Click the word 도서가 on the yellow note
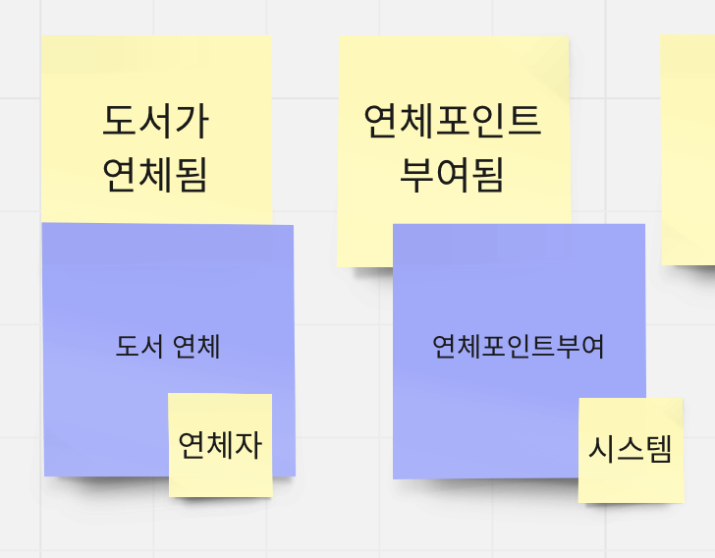pyautogui.click(x=156, y=121)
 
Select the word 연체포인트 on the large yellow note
pyautogui.click(x=452, y=121)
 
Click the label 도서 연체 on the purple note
pyautogui.click(x=168, y=346)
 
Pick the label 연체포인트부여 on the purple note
pyautogui.click(x=519, y=346)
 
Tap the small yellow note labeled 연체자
pyautogui.click(x=220, y=445)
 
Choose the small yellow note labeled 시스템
pyautogui.click(x=631, y=450)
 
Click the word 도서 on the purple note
pyautogui.click(x=138, y=346)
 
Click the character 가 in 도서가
pyautogui.click(x=192, y=121)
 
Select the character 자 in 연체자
pyautogui.click(x=248, y=445)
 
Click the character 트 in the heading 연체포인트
pyautogui.click(x=523, y=121)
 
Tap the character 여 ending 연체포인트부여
pyautogui.click(x=592, y=346)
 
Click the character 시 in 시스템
pyautogui.click(x=602, y=450)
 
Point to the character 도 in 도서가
pyautogui.click(x=120, y=121)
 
